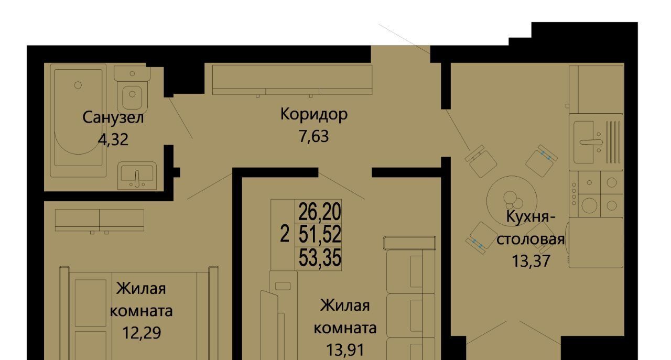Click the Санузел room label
pyautogui.click(x=113, y=118)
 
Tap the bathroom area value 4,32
pyautogui.click(x=113, y=139)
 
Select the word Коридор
pyautogui.click(x=314, y=115)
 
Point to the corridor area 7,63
pyautogui.click(x=313, y=136)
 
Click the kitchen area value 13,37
pyautogui.click(x=531, y=260)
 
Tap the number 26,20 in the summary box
pyautogui.click(x=320, y=212)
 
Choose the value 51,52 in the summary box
pyautogui.click(x=320, y=234)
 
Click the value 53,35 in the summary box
pyautogui.click(x=320, y=258)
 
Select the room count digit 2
pyautogui.click(x=285, y=234)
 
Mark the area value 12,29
pyautogui.click(x=142, y=332)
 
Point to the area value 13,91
pyautogui.click(x=345, y=349)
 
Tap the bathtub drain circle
pyautogui.click(x=78, y=85)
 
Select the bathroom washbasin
pyautogui.click(x=137, y=176)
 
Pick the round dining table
pyautogui.click(x=512, y=200)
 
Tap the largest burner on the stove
pyautogui.click(x=589, y=206)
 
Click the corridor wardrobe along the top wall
pyautogui.click(x=293, y=80)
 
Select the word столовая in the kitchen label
pyautogui.click(x=531, y=239)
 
